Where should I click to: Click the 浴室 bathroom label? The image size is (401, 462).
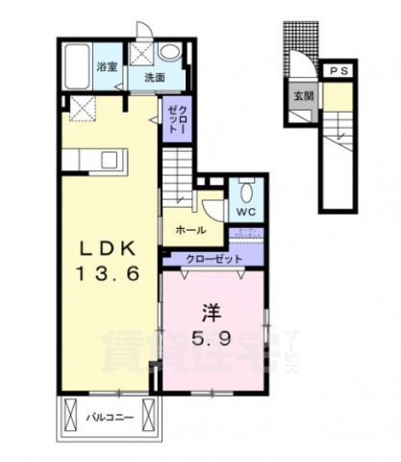click(107, 66)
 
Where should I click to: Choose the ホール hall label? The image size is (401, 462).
click(189, 231)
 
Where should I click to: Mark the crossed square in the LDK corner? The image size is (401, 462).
click(83, 110)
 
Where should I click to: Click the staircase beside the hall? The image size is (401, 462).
click(179, 174)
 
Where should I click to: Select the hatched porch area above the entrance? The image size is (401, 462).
click(297, 38)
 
